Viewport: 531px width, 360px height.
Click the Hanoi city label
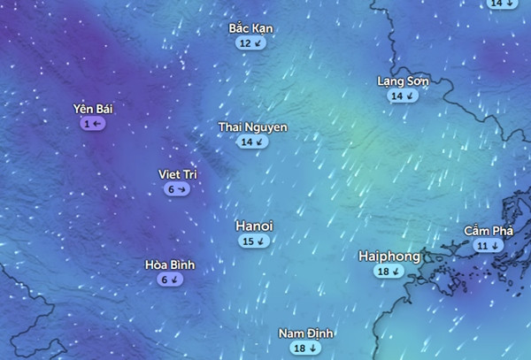[254, 226]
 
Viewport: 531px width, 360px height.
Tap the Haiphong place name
[389, 257]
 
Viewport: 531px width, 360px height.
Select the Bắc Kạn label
[250, 28]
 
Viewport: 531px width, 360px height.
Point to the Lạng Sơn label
[403, 81]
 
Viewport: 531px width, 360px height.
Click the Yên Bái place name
[93, 109]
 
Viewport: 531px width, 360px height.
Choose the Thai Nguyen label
[252, 127]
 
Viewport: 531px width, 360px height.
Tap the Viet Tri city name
[176, 174]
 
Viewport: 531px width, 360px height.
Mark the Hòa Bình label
[169, 264]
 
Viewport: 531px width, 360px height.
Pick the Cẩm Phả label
[489, 231]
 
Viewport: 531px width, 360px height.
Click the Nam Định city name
[304, 333]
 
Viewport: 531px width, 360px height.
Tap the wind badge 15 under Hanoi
[254, 241]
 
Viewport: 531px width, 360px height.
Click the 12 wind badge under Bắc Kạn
[250, 42]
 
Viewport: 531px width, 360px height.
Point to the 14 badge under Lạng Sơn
[403, 96]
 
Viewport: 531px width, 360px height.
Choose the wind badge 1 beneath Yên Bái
[93, 124]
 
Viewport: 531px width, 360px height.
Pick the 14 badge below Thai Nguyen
[252, 142]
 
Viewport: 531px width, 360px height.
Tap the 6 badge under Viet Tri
[176, 189]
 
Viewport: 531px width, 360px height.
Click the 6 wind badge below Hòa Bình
[169, 280]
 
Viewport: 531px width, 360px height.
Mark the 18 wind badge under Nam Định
[304, 349]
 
